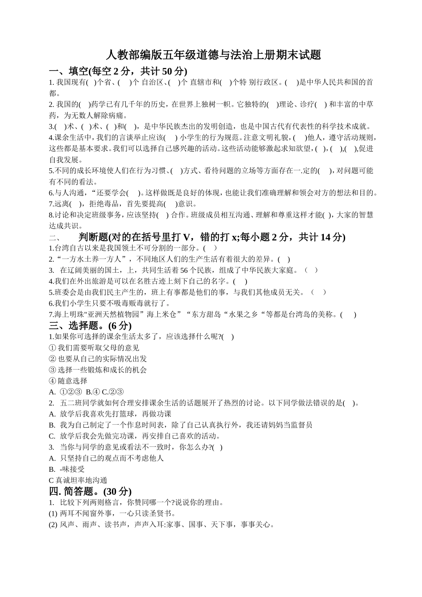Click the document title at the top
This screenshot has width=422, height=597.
tap(214, 55)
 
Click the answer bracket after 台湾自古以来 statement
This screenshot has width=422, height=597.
tap(210, 248)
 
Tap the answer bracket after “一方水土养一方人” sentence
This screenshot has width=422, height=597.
tap(284, 259)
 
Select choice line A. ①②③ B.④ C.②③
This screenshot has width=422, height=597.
tap(87, 392)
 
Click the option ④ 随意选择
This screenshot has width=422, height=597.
tap(68, 381)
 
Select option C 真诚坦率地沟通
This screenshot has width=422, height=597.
tap(78, 480)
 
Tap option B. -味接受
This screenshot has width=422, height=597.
tap(67, 469)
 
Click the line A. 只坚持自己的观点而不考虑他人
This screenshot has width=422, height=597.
tap(107, 458)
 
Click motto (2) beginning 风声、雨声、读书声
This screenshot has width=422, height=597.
tap(162, 525)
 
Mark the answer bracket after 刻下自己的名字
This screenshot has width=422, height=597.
tap(240, 281)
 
